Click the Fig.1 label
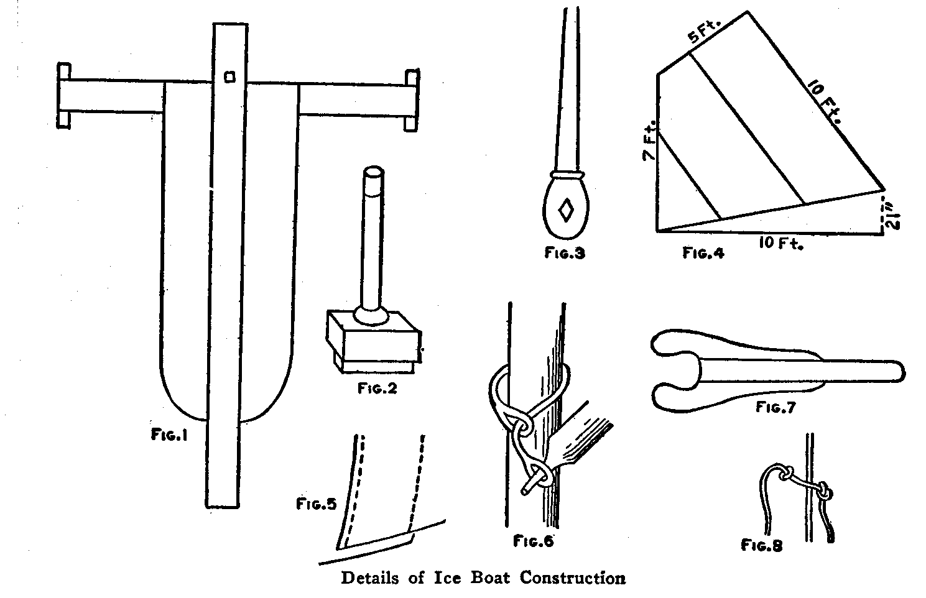coord(169,436)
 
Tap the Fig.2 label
coord(377,389)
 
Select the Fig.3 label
coord(565,253)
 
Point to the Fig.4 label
coord(703,253)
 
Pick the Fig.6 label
coord(533,541)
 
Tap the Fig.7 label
coord(776,408)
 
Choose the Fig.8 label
coord(761,545)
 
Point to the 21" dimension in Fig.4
coord(891,215)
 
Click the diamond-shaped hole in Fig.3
coord(566,209)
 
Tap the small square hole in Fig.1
coord(229,76)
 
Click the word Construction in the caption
coord(573,578)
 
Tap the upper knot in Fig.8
coord(785,474)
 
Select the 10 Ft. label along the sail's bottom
coord(780,244)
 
